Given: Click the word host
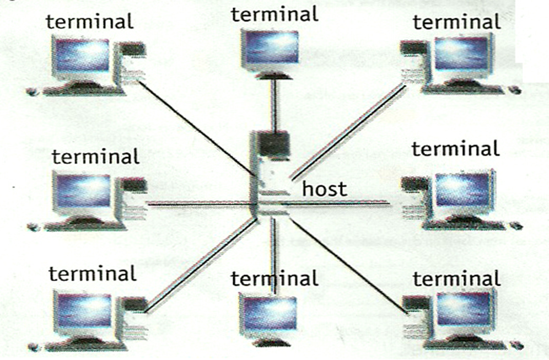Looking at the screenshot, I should (x=325, y=189).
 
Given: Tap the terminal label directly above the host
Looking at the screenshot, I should (x=274, y=14).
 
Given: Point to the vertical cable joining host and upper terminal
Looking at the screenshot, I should (x=272, y=105).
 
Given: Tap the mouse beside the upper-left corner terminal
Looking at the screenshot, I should (x=33, y=92).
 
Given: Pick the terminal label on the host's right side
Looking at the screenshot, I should (x=455, y=149).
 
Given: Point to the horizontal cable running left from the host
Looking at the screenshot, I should (x=198, y=204).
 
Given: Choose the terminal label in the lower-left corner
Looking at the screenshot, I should (x=92, y=273).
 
